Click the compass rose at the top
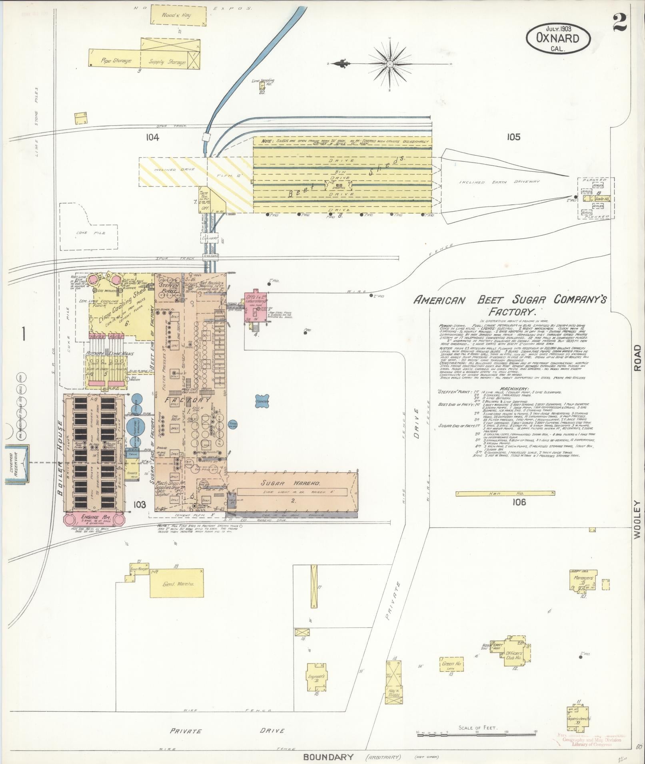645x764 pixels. coord(389,64)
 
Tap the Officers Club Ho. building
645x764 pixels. coord(517,655)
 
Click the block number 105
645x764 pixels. coord(513,137)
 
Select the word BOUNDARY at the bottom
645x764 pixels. coord(328,757)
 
